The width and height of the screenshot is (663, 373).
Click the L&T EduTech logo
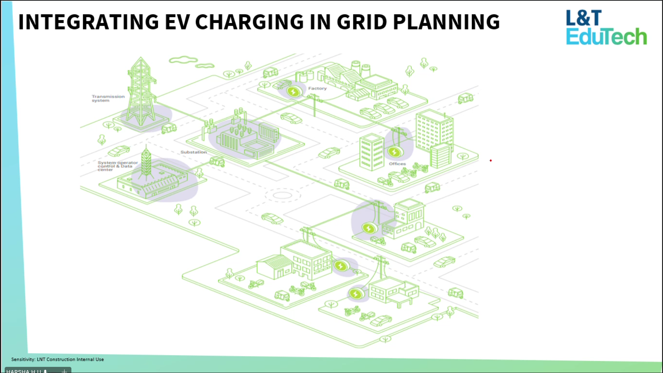coord(606,28)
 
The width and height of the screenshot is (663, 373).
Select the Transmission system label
coord(108,98)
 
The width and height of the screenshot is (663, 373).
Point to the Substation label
coord(194,152)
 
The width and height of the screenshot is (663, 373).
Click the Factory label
coord(317,88)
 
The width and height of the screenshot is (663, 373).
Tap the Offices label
coord(397,164)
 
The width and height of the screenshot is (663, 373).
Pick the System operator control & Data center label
coord(118,166)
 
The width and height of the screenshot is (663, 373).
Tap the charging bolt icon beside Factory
coord(293,92)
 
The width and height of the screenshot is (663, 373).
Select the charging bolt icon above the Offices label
coord(394,152)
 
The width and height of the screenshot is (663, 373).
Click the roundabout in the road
coord(283,195)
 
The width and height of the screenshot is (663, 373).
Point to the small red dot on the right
coord(491,160)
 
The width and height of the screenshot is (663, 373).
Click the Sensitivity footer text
coord(58,359)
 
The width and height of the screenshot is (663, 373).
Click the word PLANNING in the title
coord(446,22)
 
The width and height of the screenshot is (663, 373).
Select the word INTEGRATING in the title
coord(88,22)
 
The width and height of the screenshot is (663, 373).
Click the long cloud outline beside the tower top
coord(183,59)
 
